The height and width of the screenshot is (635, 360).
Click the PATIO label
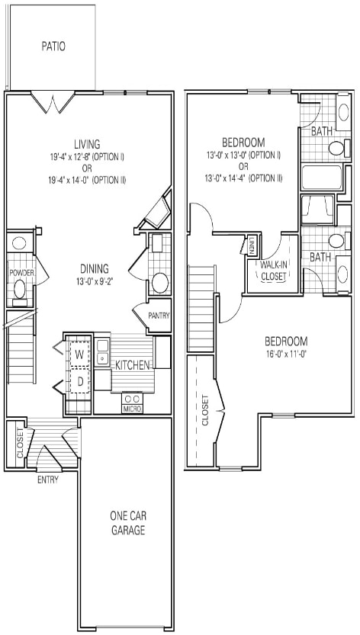click(x=53, y=47)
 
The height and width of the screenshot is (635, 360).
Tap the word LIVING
click(x=87, y=144)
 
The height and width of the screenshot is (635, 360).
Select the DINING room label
click(x=95, y=268)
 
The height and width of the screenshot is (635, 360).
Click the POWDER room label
click(x=21, y=272)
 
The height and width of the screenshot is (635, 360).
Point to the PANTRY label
click(x=159, y=316)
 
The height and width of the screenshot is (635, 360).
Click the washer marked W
click(x=79, y=354)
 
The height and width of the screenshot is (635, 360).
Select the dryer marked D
click(x=79, y=381)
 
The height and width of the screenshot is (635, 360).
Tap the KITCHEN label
click(x=133, y=365)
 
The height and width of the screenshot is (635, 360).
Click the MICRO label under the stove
click(x=132, y=409)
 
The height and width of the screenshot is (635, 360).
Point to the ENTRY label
click(x=49, y=480)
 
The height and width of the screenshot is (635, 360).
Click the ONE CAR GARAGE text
click(x=127, y=524)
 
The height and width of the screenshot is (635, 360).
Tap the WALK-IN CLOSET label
click(x=274, y=271)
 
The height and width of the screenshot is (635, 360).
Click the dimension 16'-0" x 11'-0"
click(x=286, y=354)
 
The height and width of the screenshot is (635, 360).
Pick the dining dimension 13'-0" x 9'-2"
click(x=95, y=281)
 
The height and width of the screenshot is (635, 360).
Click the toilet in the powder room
click(x=21, y=290)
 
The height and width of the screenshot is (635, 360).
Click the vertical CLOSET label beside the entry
click(x=19, y=444)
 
